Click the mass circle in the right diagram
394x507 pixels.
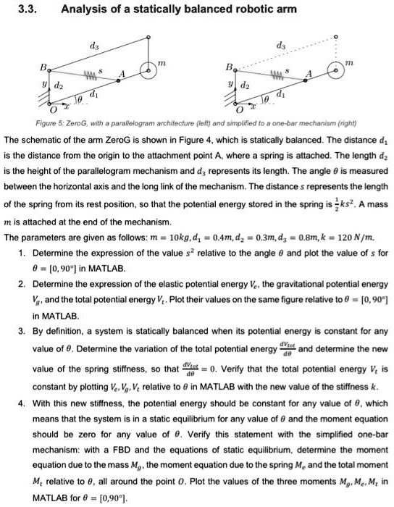[x=335, y=72]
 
